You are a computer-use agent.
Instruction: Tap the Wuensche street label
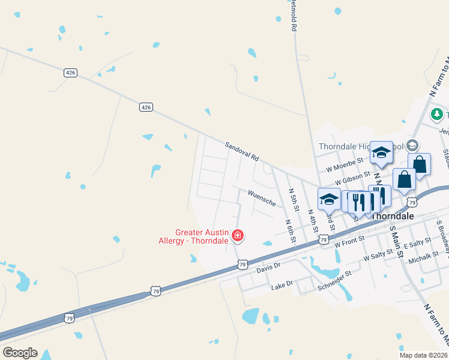click(261, 198)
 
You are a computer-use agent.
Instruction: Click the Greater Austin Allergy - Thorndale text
click(201, 236)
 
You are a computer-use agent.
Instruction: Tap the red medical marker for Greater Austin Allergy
click(238, 235)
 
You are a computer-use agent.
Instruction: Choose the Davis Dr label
click(268, 265)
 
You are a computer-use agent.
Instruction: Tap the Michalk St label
click(423, 259)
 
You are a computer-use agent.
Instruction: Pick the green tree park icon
click(437, 114)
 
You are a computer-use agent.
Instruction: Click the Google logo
click(20, 353)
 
